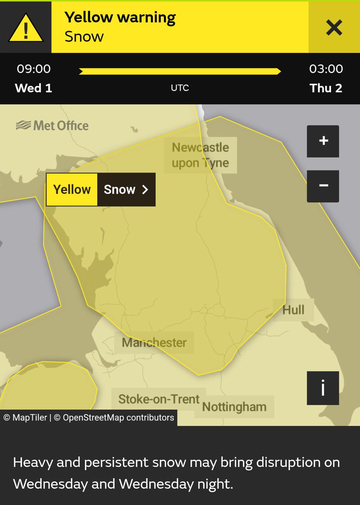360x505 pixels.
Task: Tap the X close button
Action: point(334,28)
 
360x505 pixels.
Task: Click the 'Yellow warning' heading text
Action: point(120,18)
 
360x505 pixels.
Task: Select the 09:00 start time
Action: point(34,69)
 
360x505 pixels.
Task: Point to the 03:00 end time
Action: point(326,69)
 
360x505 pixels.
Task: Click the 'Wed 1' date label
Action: point(34,88)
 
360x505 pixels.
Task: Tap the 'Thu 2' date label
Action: point(326,88)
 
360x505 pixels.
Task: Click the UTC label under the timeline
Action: point(180,88)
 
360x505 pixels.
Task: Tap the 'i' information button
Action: point(323,388)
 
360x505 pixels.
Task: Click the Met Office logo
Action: point(52,125)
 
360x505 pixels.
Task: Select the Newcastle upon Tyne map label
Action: point(200,155)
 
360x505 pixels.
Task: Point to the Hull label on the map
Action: point(293,310)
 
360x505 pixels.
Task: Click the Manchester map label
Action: point(154,342)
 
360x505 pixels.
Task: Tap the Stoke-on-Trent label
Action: point(159,399)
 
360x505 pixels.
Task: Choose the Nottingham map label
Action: point(234,407)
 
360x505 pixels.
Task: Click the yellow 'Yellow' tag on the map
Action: point(72,189)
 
